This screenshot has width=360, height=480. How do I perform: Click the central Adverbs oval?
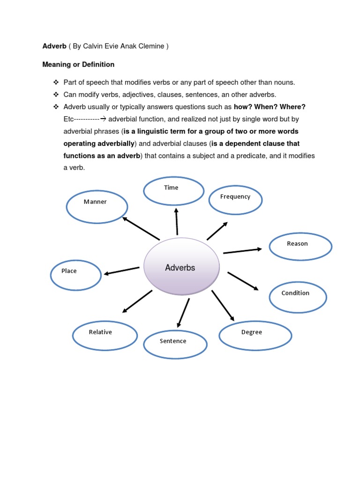[181, 268]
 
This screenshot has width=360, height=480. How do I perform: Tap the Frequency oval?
[235, 200]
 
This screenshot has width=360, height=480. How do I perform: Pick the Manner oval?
[97, 206]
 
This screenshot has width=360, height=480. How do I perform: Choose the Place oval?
[75, 275]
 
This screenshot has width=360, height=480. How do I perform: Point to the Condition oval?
[298, 297]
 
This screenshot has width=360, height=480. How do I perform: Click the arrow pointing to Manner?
[141, 228]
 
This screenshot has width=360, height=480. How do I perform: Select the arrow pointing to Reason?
[242, 251]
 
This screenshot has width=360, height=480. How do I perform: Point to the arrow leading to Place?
[121, 271]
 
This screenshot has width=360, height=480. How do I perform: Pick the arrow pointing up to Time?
[177, 222]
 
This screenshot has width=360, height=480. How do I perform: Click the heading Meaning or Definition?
[78, 64]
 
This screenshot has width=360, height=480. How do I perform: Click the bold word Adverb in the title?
[54, 46]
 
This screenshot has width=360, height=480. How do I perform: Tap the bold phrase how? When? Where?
[270, 107]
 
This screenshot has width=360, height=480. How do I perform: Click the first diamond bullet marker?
[56, 82]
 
